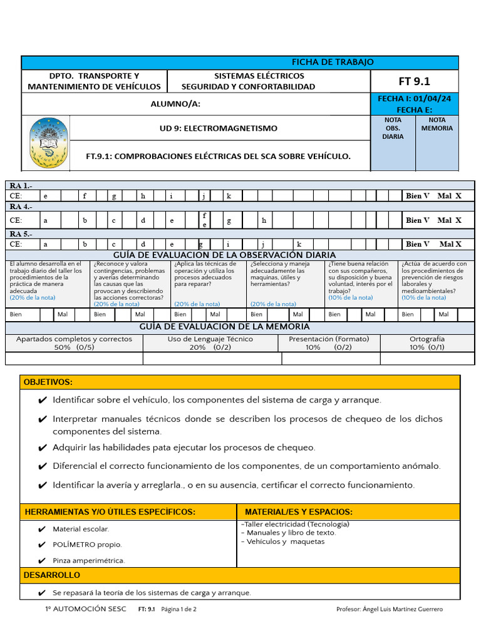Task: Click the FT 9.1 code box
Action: (415, 81)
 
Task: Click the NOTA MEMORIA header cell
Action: (437, 124)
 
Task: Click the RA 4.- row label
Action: (22, 207)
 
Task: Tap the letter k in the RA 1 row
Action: (229, 196)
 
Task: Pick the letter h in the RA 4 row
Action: (264, 220)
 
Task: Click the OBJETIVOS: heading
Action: (48, 382)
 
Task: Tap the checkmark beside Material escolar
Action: (42, 529)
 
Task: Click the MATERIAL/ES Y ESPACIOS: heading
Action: (299, 512)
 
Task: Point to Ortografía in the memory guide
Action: (427, 339)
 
